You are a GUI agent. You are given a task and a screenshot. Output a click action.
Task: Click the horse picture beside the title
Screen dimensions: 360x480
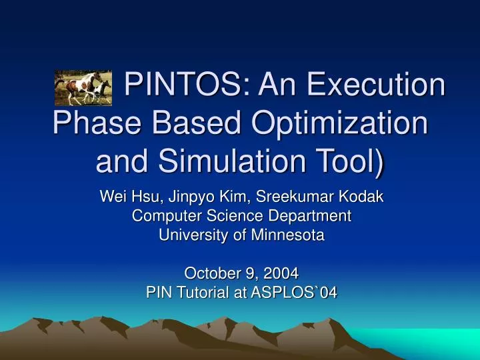[x=83, y=88]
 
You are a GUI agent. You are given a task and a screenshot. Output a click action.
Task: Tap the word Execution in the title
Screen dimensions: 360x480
[x=352, y=86]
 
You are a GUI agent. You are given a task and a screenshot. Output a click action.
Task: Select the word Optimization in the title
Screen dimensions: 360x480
[x=332, y=124]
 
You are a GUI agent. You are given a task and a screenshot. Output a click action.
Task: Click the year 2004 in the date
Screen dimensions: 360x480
[x=282, y=273]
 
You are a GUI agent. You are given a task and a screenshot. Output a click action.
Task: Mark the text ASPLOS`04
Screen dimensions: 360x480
[x=296, y=291]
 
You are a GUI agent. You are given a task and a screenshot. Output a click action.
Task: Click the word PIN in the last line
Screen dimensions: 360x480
[x=158, y=291]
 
